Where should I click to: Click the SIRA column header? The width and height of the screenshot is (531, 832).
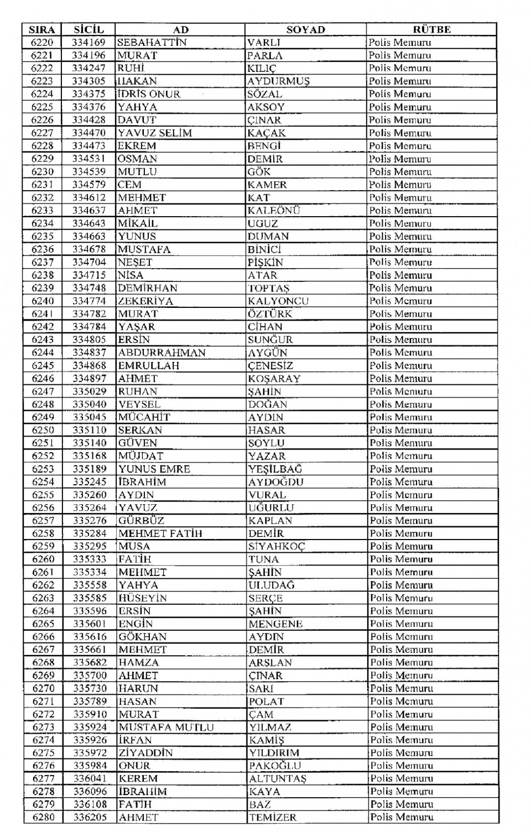pyautogui.click(x=42, y=30)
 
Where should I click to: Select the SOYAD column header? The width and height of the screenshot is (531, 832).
pyautogui.click(x=305, y=30)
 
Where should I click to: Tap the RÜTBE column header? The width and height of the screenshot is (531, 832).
pyautogui.click(x=431, y=30)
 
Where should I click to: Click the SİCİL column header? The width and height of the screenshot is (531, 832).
pyautogui.click(x=88, y=30)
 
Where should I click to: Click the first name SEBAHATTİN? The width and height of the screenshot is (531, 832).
pyautogui.click(x=152, y=43)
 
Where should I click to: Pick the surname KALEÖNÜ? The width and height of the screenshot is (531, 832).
pyautogui.click(x=274, y=211)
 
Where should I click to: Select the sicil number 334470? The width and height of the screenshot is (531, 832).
pyautogui.click(x=88, y=133)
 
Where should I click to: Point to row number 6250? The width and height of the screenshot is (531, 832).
pyautogui.click(x=43, y=430)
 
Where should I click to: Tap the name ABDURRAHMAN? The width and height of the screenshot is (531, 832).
pyautogui.click(x=162, y=353)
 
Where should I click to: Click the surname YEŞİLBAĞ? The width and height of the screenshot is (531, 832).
pyautogui.click(x=275, y=469)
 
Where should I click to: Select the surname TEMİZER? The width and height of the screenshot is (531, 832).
pyautogui.click(x=273, y=817)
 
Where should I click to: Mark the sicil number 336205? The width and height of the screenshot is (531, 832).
pyautogui.click(x=90, y=817)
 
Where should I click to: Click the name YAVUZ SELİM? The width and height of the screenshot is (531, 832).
pyautogui.click(x=155, y=133)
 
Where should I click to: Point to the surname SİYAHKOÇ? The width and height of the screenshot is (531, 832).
pyautogui.click(x=277, y=546)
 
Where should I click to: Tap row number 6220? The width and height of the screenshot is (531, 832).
pyautogui.click(x=42, y=43)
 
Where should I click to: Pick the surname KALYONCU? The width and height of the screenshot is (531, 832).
pyautogui.click(x=278, y=301)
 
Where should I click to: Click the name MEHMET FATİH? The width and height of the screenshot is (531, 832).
pyautogui.click(x=160, y=533)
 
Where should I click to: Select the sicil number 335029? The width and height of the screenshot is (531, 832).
pyautogui.click(x=89, y=391)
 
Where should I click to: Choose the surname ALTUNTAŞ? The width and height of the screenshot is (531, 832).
pyautogui.click(x=278, y=778)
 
